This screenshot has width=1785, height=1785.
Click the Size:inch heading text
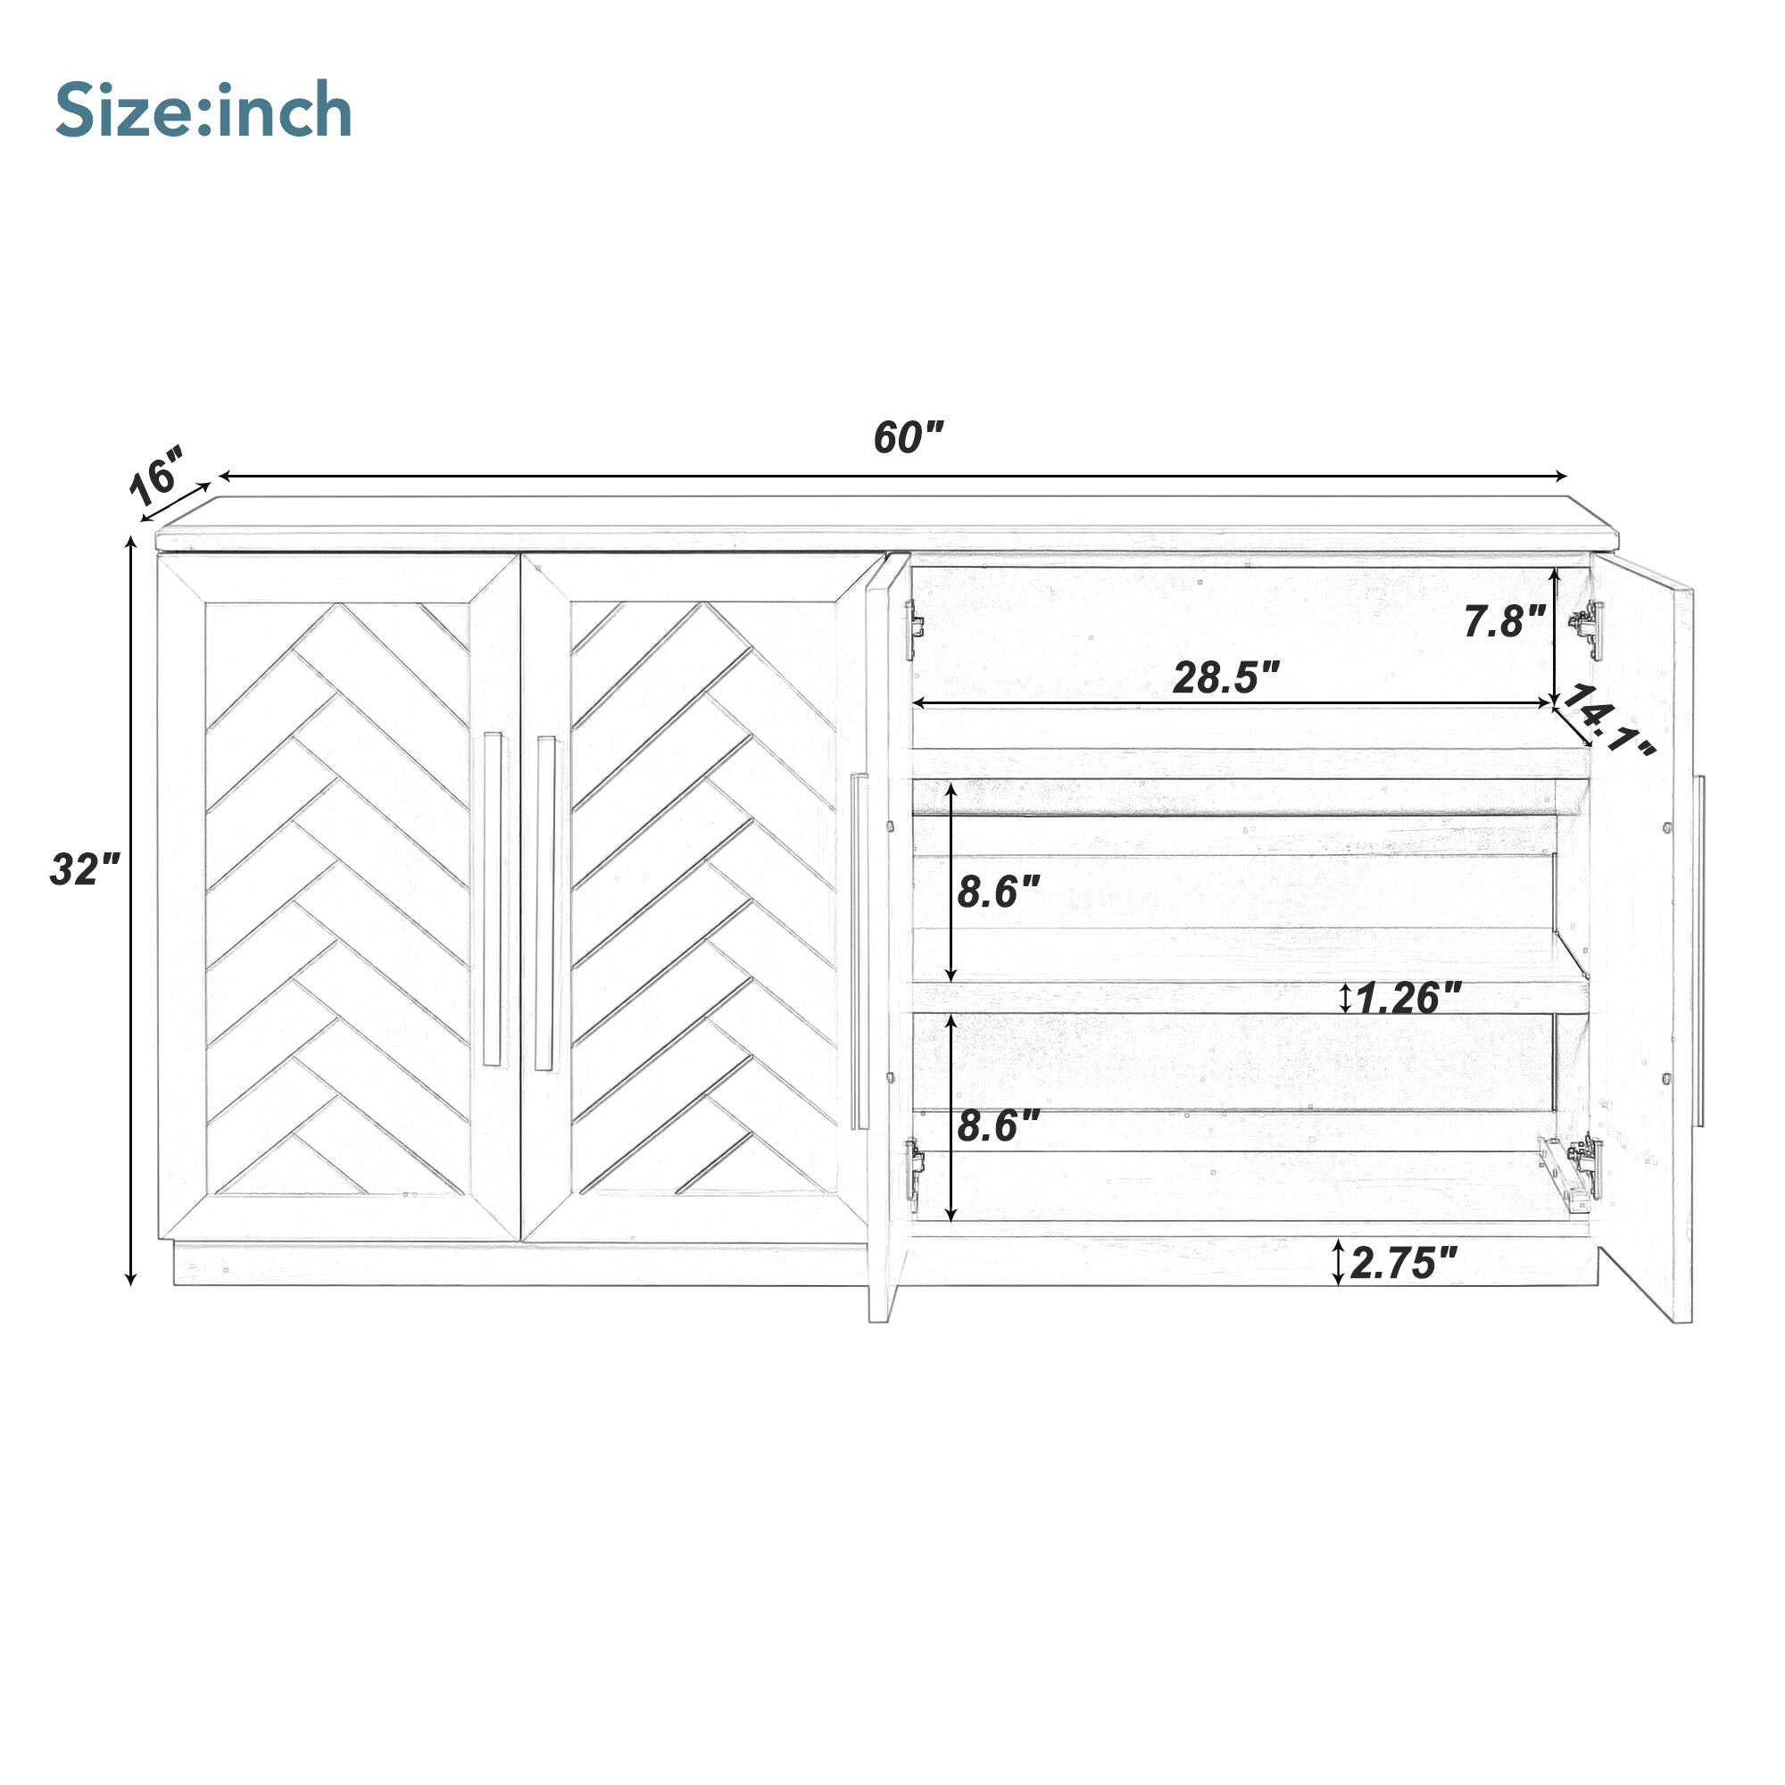click(204, 112)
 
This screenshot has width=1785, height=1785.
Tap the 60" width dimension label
click(909, 437)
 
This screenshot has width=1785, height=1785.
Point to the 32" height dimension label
click(85, 869)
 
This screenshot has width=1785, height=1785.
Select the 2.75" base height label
click(1403, 1263)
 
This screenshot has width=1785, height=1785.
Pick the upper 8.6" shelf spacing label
click(999, 892)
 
